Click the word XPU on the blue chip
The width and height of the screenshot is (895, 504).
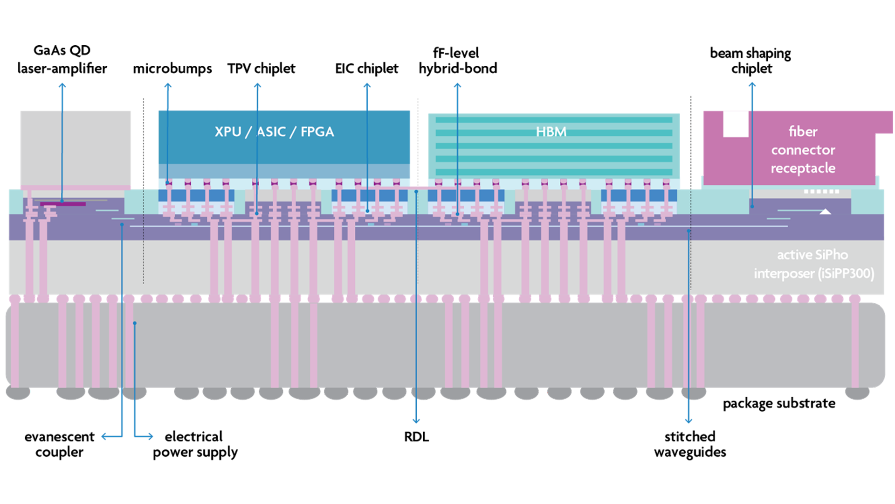pos(227,132)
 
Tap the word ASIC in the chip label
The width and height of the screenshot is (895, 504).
pos(271,132)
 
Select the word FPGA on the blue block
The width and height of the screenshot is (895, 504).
pos(317,132)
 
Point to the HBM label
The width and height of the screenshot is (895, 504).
pos(551,132)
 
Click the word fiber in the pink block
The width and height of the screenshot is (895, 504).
pos(803,131)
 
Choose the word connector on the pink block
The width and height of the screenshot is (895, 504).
pos(803,150)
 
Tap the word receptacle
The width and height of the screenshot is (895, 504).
pos(803,168)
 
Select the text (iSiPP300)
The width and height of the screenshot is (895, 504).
pos(845,273)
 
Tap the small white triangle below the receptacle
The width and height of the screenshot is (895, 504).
pos(825,212)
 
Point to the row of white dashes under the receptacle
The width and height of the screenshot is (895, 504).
pos(821,191)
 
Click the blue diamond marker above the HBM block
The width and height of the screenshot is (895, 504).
pos(458,95)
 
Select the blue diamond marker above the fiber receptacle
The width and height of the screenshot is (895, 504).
pos(752,95)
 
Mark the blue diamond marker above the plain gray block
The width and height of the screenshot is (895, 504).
pos(62,94)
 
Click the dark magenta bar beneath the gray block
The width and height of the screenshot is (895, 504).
pos(63,204)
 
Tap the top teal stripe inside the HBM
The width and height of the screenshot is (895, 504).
pos(554,120)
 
